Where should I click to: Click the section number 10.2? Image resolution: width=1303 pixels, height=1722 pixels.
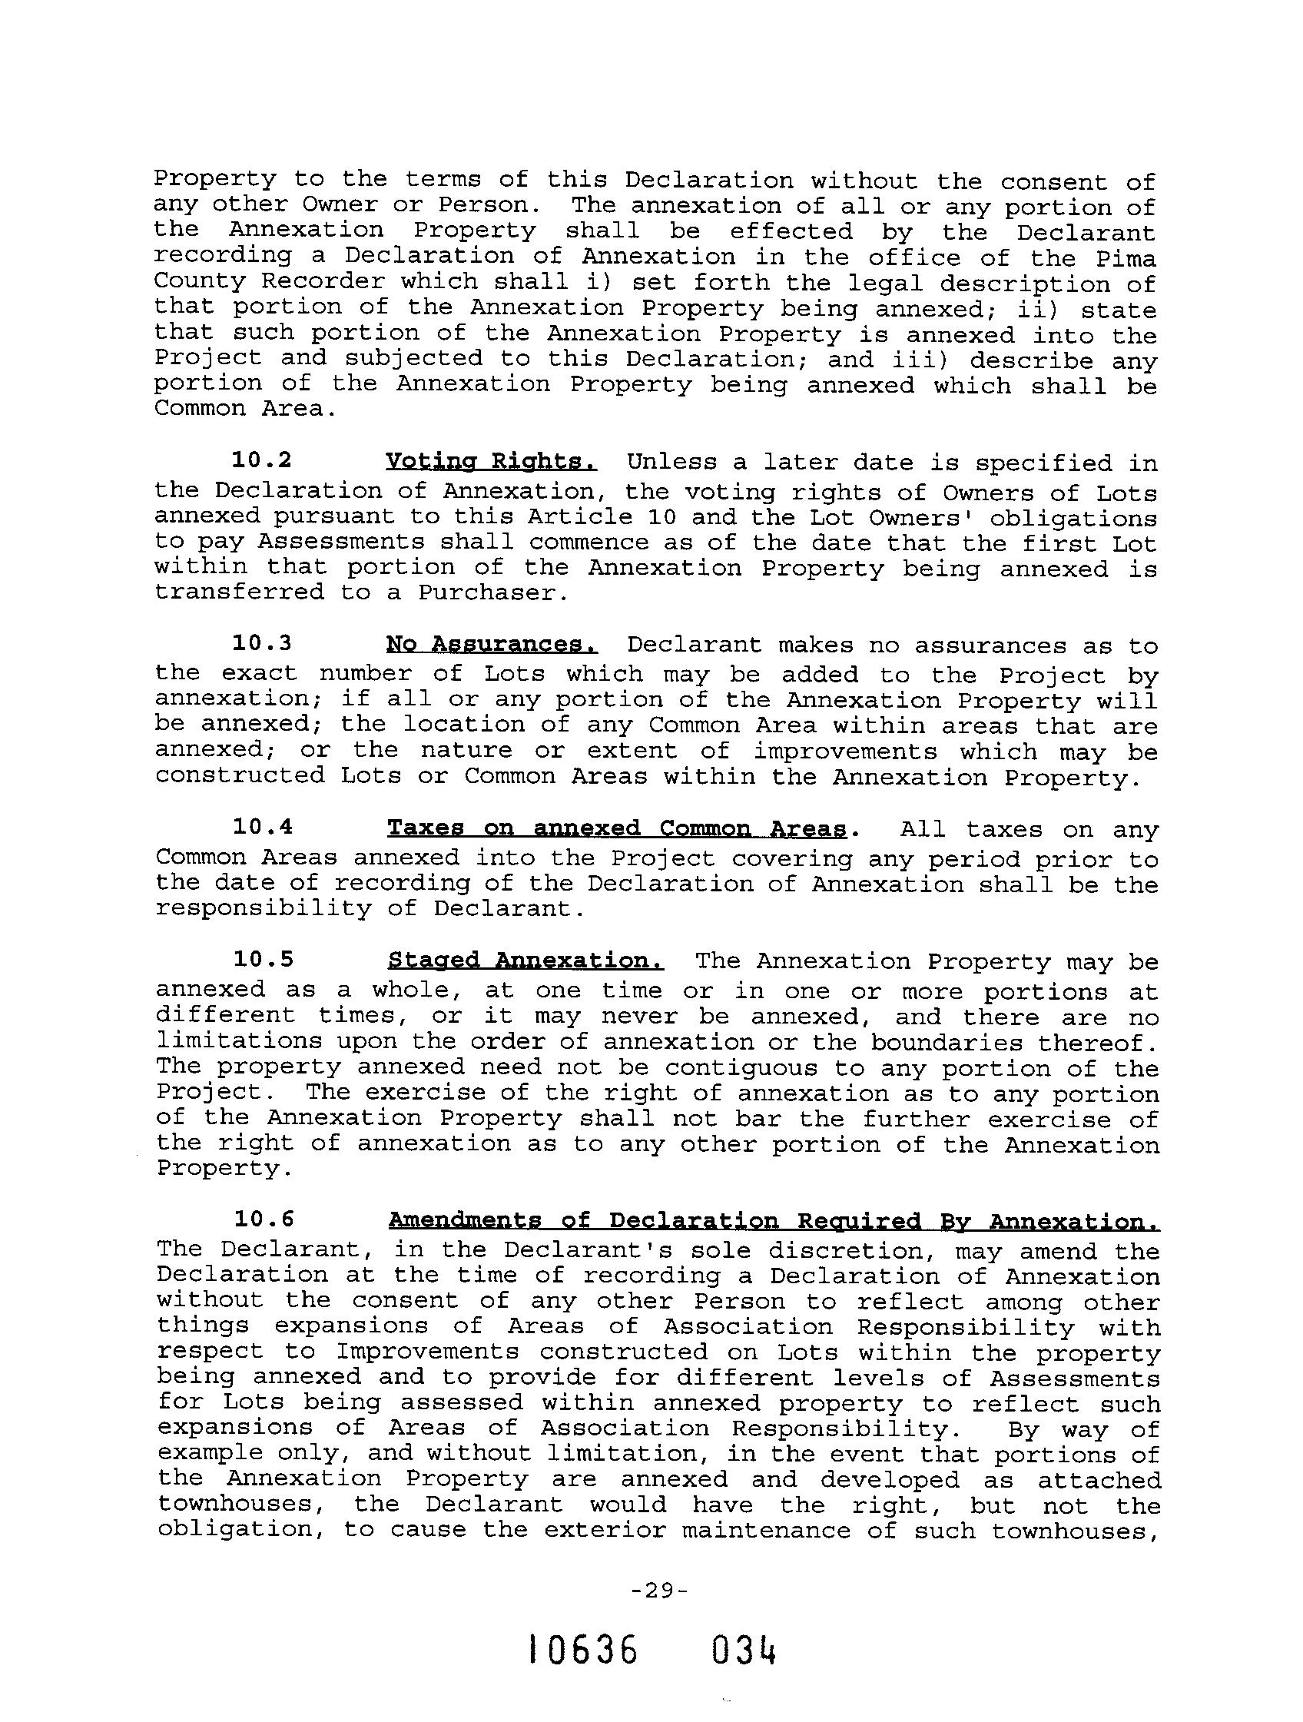point(261,460)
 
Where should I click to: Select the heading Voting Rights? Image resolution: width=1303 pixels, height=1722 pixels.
point(491,462)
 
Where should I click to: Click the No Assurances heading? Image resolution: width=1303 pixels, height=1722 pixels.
point(492,645)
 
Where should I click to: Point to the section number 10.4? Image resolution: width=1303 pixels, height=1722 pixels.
point(263,827)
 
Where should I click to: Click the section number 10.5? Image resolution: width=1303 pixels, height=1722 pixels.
point(263,959)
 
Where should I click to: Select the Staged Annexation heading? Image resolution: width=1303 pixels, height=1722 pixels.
point(526,961)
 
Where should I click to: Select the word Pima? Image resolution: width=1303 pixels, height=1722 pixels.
point(1126,258)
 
